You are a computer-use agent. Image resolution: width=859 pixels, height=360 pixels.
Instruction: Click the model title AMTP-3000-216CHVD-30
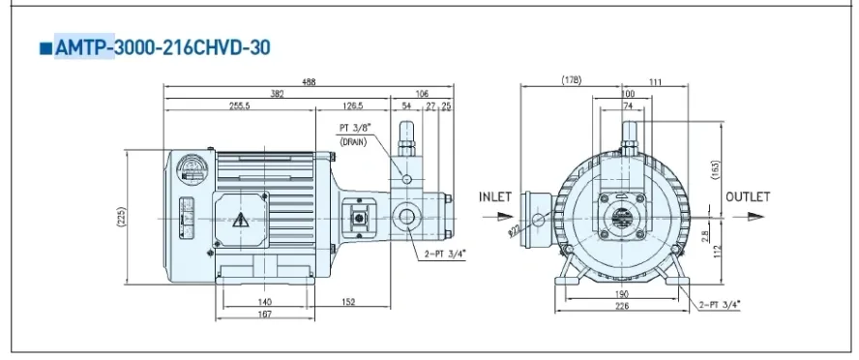click(163, 47)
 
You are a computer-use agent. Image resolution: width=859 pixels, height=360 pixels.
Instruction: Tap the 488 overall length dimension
click(309, 82)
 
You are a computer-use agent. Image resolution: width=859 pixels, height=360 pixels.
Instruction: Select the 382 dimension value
click(278, 94)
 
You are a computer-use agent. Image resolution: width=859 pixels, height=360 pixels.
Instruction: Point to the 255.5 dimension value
click(239, 106)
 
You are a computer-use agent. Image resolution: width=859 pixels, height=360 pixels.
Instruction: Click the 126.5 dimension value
click(352, 106)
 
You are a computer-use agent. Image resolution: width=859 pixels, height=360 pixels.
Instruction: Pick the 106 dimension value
click(422, 94)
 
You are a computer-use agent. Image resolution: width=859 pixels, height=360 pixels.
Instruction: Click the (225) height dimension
click(121, 218)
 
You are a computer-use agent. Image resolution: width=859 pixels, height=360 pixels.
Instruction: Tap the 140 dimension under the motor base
click(264, 302)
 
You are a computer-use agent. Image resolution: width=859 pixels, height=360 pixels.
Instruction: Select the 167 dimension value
click(264, 315)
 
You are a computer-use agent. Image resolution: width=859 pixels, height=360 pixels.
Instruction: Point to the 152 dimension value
click(348, 302)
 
